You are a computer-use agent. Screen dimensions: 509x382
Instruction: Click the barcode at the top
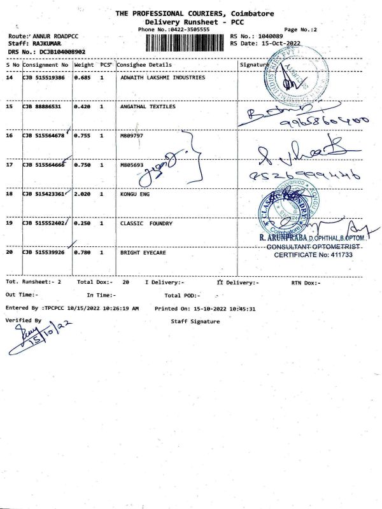[185, 42]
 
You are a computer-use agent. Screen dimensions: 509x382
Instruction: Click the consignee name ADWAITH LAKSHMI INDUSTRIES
[163, 78]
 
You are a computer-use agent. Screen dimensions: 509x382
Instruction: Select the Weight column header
[84, 65]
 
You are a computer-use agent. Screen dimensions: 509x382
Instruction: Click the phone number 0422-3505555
[186, 30]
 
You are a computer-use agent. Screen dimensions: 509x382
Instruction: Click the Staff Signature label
[195, 321]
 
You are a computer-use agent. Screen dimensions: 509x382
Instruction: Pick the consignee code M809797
[132, 136]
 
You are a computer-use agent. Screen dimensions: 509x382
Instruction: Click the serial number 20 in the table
[10, 253]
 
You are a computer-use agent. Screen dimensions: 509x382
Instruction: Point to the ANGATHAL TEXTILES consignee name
[148, 107]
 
